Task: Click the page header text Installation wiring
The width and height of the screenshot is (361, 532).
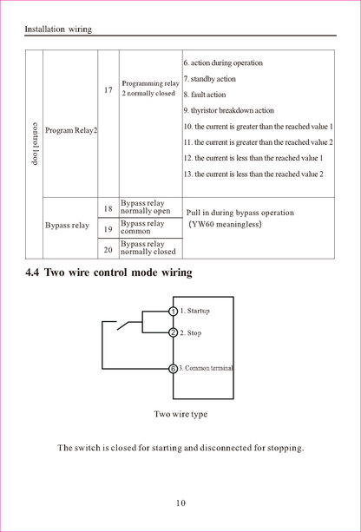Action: pyautogui.click(x=58, y=30)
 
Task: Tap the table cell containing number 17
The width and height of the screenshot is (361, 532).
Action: pyautogui.click(x=108, y=89)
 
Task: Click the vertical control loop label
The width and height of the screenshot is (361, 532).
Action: pyautogui.click(x=34, y=144)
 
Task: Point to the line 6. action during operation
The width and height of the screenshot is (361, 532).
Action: pyautogui.click(x=223, y=63)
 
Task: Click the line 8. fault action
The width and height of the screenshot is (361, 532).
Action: pyautogui.click(x=205, y=95)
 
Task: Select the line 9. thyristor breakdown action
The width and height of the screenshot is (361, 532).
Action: pyautogui.click(x=228, y=110)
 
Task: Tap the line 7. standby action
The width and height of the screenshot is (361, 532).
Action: pyautogui.click(x=209, y=79)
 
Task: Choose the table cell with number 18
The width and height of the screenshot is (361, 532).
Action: pyautogui.click(x=108, y=208)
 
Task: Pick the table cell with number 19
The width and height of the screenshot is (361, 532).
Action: pyautogui.click(x=108, y=229)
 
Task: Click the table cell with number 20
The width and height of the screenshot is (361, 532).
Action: pyautogui.click(x=108, y=249)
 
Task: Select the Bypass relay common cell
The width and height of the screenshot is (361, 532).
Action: pyautogui.click(x=142, y=227)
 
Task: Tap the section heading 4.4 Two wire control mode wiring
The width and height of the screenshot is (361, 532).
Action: pyautogui.click(x=109, y=273)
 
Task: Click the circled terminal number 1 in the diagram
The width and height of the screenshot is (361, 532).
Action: pyautogui.click(x=173, y=311)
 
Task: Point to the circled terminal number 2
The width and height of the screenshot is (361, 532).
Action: pyautogui.click(x=173, y=332)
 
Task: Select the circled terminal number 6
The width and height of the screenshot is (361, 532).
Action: pyautogui.click(x=173, y=369)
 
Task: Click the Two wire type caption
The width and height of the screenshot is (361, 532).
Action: pyautogui.click(x=180, y=414)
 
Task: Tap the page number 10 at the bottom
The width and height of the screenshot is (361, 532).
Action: pyautogui.click(x=180, y=502)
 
